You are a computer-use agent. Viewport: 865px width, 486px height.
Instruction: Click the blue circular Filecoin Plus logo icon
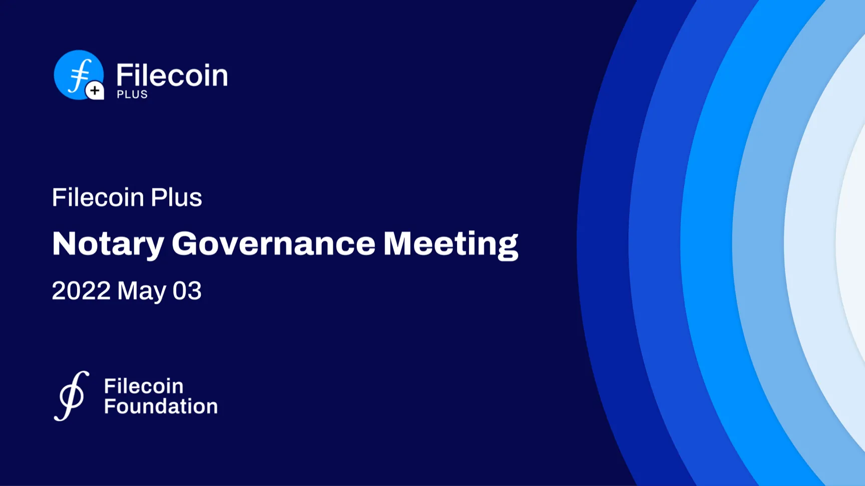[x=79, y=75]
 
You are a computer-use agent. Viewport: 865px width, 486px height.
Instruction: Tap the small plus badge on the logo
[x=95, y=91]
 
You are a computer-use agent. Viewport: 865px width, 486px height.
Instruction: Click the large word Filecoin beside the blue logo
[x=172, y=75]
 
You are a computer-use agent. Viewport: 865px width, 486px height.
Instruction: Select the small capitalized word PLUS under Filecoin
[x=132, y=94]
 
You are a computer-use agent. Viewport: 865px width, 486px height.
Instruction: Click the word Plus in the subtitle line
[x=176, y=197]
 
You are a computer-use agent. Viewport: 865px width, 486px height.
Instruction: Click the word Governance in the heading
[x=273, y=244]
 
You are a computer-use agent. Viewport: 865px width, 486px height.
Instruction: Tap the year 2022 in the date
[x=81, y=291]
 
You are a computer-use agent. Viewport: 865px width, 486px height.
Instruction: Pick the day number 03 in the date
[x=187, y=291]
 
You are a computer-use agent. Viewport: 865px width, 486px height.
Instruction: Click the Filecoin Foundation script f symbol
[x=72, y=396]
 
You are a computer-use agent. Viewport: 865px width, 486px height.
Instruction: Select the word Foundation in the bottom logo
[x=161, y=406]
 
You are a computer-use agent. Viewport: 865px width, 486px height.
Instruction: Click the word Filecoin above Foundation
[x=144, y=386]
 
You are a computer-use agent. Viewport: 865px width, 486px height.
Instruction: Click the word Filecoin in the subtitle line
[x=98, y=197]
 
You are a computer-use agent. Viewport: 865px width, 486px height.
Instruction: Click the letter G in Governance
[x=186, y=244]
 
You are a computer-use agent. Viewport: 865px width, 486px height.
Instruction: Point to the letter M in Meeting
[x=399, y=244]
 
